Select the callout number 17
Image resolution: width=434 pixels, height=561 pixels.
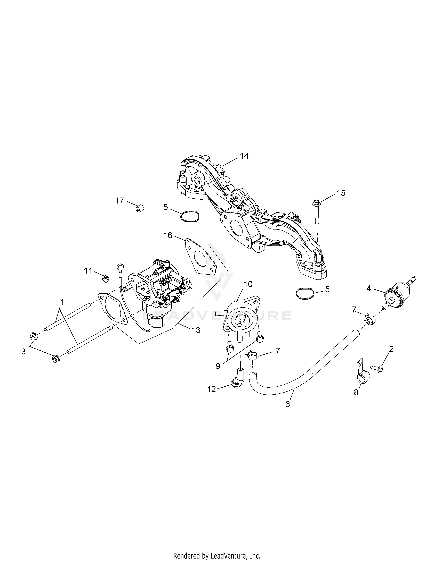(x=119, y=201)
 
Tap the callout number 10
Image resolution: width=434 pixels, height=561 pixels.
(x=248, y=284)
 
